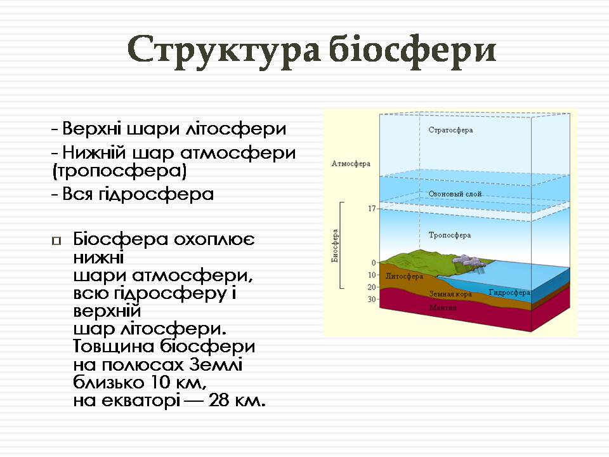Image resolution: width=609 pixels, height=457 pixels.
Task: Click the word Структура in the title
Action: (224, 51)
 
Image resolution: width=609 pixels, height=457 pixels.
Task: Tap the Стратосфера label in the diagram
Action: (450, 130)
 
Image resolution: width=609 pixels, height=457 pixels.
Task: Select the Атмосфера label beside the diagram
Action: (351, 164)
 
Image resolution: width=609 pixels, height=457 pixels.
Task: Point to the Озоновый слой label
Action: (455, 194)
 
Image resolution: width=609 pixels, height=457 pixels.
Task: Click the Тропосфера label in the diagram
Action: (450, 235)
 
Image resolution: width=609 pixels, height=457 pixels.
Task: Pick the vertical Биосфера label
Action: (335, 246)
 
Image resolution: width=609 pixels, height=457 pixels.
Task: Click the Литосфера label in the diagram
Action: (404, 276)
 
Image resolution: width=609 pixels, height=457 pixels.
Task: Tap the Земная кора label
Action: (450, 294)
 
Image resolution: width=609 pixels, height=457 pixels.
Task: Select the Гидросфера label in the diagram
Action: (509, 292)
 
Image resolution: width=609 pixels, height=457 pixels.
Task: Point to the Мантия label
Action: (443, 308)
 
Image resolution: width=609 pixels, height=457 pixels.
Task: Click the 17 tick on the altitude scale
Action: (372, 209)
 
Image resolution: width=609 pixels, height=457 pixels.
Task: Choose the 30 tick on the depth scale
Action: (372, 299)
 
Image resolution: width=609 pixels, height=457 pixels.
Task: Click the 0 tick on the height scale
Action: (374, 263)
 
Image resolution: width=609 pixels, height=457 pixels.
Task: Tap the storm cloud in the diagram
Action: (468, 262)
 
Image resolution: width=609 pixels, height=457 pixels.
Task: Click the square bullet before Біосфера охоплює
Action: (56, 241)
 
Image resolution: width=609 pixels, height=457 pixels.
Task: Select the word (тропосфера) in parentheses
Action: (119, 171)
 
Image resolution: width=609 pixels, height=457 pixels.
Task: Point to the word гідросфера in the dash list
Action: (156, 194)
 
